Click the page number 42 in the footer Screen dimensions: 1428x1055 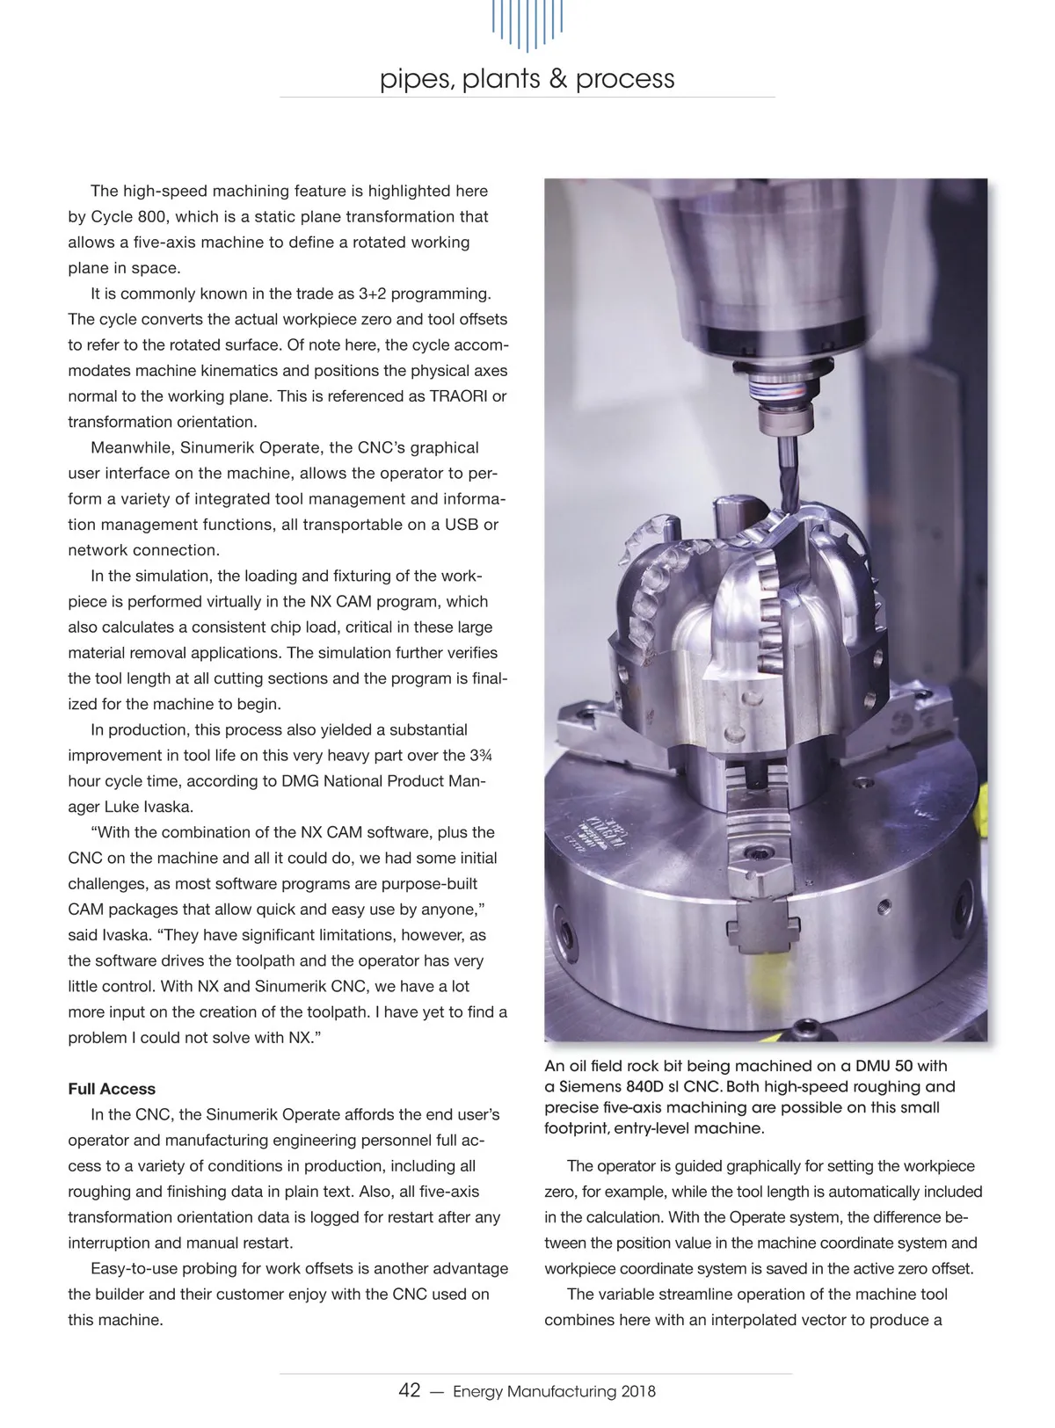pos(410,1390)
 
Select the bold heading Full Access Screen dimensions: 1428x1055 pos(112,1089)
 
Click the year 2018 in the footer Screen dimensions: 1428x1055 pos(638,1391)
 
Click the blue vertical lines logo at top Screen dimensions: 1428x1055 pos(527,25)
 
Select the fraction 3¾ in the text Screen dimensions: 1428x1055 pos(481,755)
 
